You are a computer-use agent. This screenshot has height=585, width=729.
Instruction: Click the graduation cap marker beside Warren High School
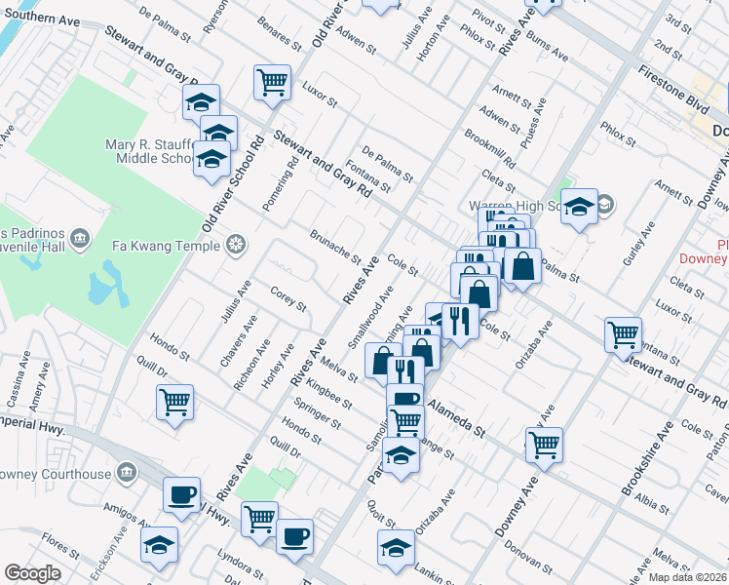click(x=579, y=207)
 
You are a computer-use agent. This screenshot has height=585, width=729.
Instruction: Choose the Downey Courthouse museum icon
click(x=126, y=474)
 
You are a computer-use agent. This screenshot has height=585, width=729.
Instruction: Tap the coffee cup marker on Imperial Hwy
click(x=181, y=495)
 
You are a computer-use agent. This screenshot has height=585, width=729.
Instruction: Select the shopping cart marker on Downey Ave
click(x=545, y=445)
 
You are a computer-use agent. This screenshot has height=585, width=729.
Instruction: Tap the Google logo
click(x=32, y=572)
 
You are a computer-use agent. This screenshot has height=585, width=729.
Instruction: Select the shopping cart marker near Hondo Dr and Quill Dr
click(x=174, y=402)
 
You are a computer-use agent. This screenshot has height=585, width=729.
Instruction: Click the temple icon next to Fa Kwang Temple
click(x=234, y=243)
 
